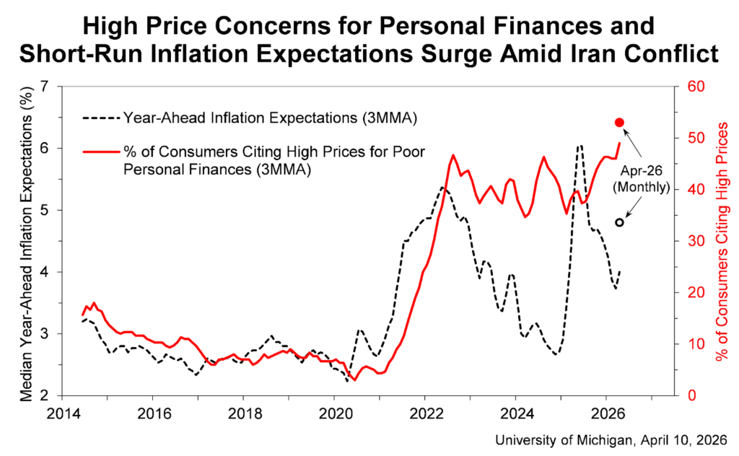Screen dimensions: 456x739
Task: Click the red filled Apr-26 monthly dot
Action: click(619, 123)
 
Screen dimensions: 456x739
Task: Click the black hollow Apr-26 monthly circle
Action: click(619, 222)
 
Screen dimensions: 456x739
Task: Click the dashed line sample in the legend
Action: click(100, 117)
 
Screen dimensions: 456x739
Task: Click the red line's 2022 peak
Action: click(453, 155)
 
